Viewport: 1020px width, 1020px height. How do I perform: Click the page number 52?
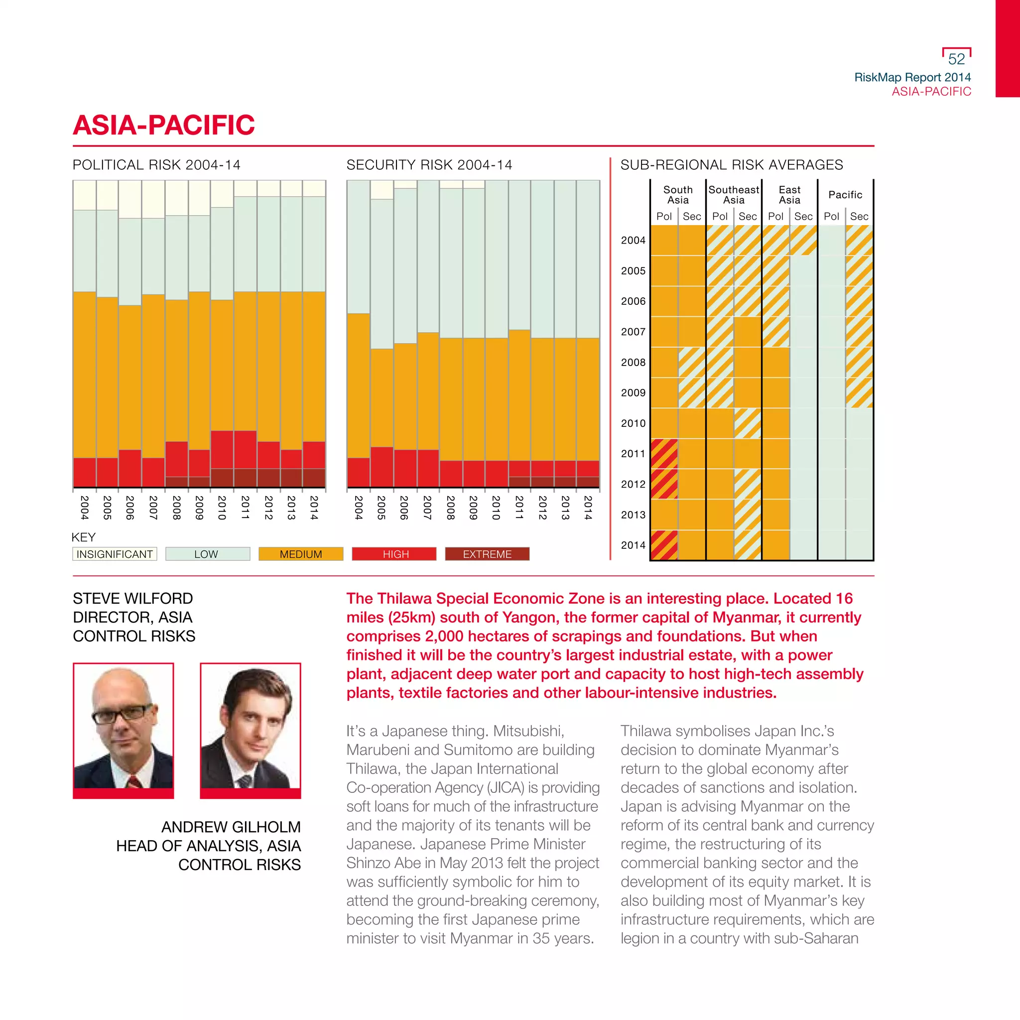coord(956,59)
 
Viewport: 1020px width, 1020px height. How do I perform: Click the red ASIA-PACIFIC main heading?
coord(164,125)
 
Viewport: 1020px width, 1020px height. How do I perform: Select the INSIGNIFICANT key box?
coord(115,554)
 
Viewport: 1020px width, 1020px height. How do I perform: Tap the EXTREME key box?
coord(487,554)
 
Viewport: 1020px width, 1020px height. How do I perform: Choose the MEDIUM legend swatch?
coord(300,554)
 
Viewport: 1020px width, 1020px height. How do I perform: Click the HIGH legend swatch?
coord(394,554)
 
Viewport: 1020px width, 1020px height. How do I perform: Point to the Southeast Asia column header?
coord(733,195)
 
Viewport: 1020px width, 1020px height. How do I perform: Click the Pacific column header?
coord(845,195)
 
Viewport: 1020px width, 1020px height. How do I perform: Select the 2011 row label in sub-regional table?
coord(633,454)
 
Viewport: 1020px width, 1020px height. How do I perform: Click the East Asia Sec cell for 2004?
coord(803,240)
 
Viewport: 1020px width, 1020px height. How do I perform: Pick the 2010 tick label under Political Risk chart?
coord(222,508)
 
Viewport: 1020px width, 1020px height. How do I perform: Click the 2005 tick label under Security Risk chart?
coord(381,508)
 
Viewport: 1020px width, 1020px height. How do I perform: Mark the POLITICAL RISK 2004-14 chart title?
coord(156,165)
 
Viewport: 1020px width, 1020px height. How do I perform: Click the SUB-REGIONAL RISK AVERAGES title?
coord(731,165)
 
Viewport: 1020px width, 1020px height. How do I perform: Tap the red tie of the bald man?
coord(134,781)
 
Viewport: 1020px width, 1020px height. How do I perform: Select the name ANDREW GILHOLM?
coord(231,827)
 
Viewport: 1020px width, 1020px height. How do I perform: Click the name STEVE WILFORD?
coord(133,598)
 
